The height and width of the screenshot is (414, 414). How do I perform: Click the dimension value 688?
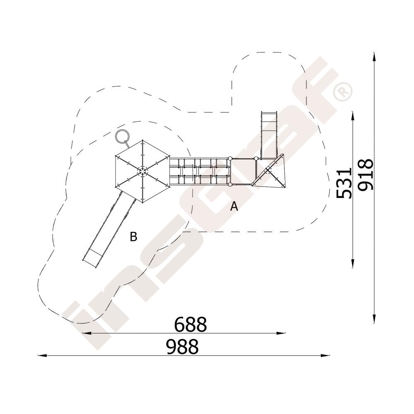(x=190, y=324)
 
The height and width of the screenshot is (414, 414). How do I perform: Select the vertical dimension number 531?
(x=344, y=183)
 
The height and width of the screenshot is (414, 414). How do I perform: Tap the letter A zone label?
(x=234, y=206)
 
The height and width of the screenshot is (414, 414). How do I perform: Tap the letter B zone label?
(x=134, y=236)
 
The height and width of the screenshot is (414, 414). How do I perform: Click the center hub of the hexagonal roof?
(x=142, y=171)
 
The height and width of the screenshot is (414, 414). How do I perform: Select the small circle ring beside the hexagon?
(x=123, y=137)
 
